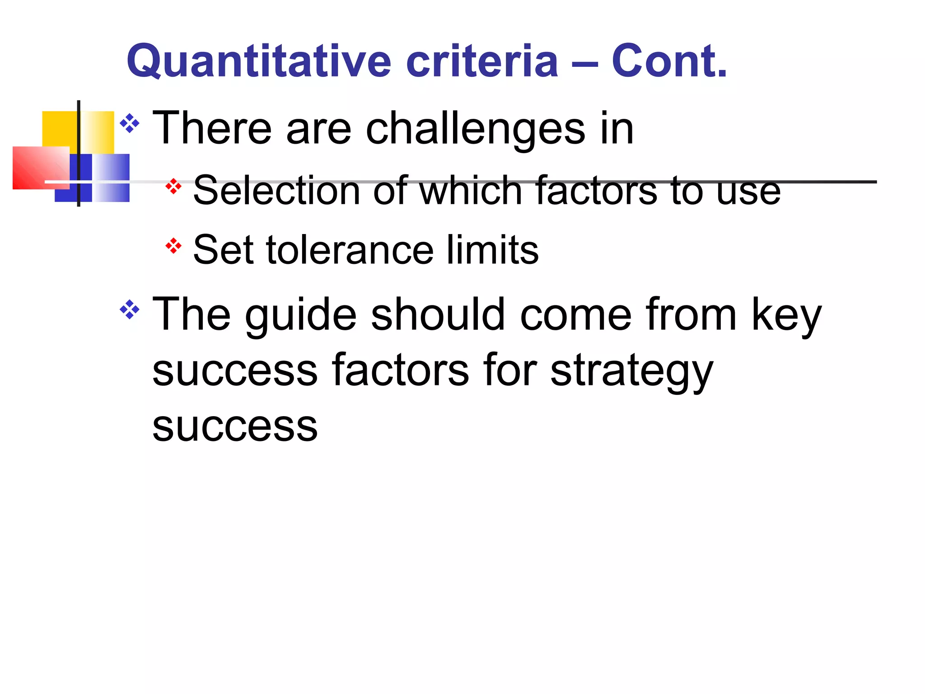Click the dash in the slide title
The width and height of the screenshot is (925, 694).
pyautogui.click(x=585, y=63)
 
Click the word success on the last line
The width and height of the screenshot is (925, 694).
pyautogui.click(x=235, y=427)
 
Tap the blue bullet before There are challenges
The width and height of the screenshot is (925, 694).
pyautogui.click(x=130, y=123)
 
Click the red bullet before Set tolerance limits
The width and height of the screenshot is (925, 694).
pyautogui.click(x=173, y=246)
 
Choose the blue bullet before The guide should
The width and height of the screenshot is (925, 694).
pyautogui.click(x=130, y=309)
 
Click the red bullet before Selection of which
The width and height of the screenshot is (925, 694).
pyautogui.click(x=173, y=186)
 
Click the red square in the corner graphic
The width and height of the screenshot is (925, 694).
pyautogui.click(x=36, y=167)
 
